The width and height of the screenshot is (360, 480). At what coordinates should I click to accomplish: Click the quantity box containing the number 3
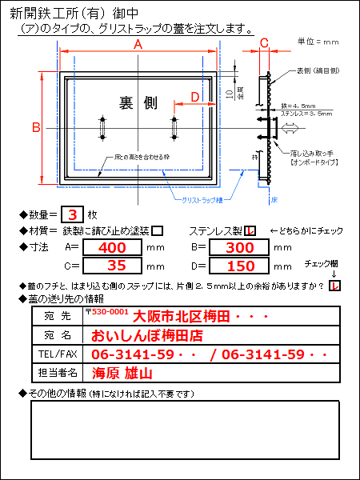[73, 214]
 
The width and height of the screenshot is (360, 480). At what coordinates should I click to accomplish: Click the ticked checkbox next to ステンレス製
[250, 230]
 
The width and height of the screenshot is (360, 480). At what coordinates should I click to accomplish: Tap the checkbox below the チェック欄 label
[334, 286]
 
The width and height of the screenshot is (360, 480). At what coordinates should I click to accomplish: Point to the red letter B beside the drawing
[35, 126]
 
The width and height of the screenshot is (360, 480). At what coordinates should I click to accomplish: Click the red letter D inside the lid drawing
[195, 98]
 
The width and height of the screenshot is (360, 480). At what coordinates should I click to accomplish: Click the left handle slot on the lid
[102, 127]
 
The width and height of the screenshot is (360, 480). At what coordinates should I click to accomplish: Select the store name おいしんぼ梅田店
[146, 334]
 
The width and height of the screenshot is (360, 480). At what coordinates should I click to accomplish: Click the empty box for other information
[184, 430]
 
